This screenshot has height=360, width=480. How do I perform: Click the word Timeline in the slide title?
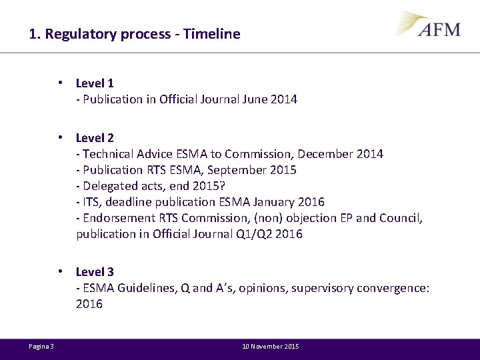point(213,33)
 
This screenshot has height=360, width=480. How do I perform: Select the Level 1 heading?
point(95,83)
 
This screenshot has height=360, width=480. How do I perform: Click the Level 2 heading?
point(95,138)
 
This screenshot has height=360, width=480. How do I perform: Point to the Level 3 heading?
point(95,272)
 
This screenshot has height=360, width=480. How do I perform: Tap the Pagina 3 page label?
point(41,346)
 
